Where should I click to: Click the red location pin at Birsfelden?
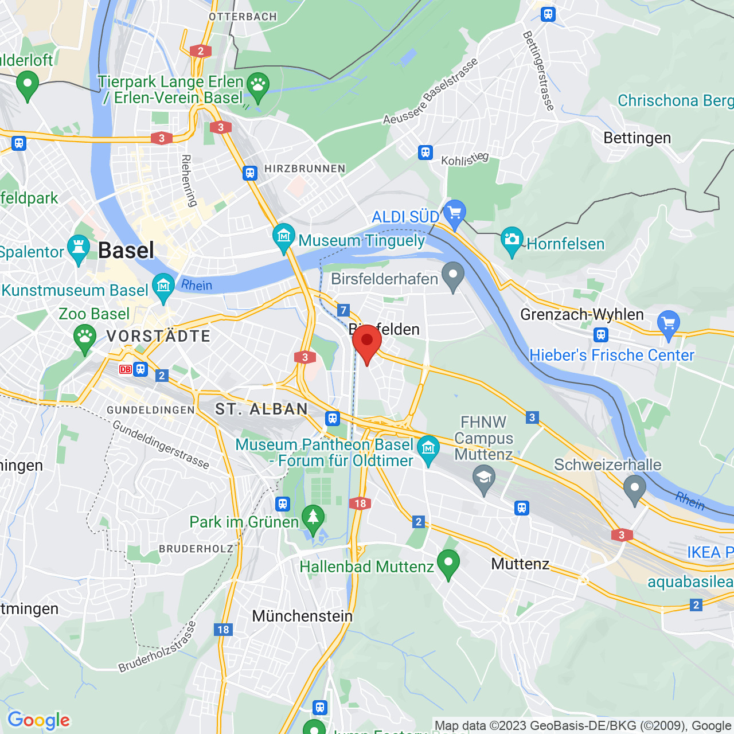pyautogui.click(x=367, y=342)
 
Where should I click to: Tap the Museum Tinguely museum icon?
pyautogui.click(x=283, y=237)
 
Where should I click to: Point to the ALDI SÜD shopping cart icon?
pyautogui.click(x=454, y=213)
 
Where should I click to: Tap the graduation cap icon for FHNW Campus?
pyautogui.click(x=484, y=478)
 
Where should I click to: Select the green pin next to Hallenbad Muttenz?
pyautogui.click(x=448, y=563)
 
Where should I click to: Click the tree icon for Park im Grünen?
pyautogui.click(x=313, y=518)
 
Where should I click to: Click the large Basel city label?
pyautogui.click(x=126, y=251)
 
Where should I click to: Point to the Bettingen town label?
pyautogui.click(x=637, y=138)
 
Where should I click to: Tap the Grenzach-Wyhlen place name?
pyautogui.click(x=581, y=314)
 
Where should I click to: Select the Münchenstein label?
pyautogui.click(x=302, y=616)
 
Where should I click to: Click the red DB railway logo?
pyautogui.click(x=125, y=369)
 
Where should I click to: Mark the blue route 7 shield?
pyautogui.click(x=343, y=310)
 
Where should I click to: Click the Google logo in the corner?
pyautogui.click(x=38, y=720)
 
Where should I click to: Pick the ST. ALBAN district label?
pyautogui.click(x=261, y=409)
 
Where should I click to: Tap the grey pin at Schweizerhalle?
pyautogui.click(x=634, y=489)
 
